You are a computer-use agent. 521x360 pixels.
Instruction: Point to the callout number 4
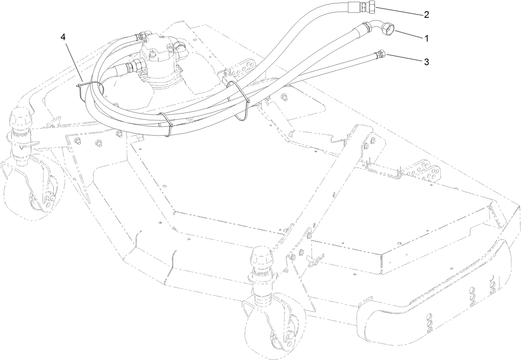(63, 37)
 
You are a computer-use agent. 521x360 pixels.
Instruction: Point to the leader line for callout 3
(404, 58)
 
